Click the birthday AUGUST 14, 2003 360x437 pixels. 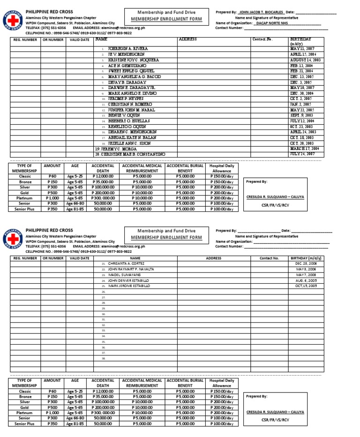click(306, 60)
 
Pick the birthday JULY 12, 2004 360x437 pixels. click(305, 121)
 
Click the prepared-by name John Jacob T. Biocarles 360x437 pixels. click(261, 12)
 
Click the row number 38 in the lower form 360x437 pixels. click(104, 358)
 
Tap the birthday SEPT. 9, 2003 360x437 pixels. click(302, 115)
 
